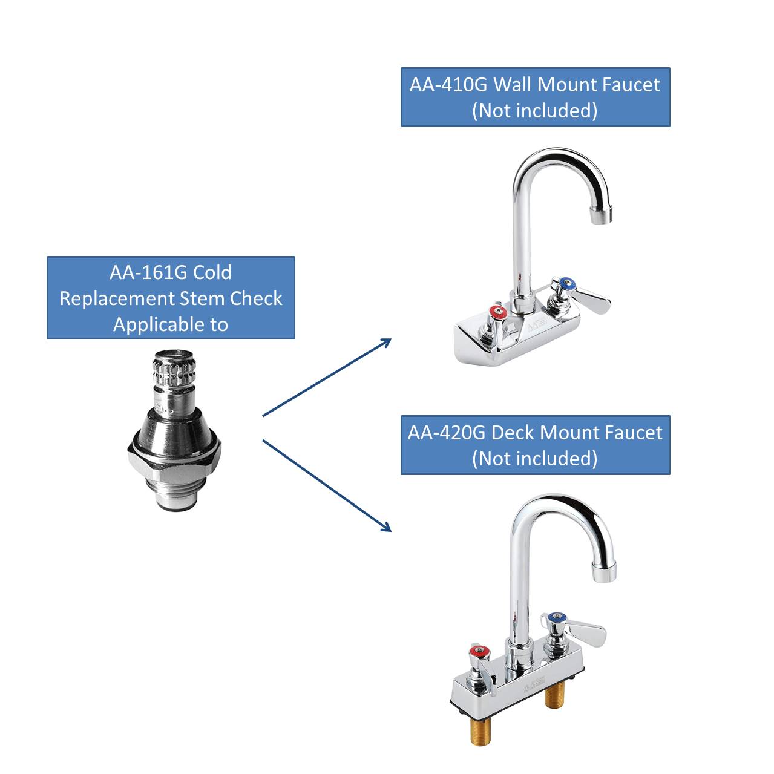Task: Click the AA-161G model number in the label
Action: tap(148, 273)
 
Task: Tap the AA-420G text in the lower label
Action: tap(447, 433)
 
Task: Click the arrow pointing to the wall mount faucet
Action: tap(327, 377)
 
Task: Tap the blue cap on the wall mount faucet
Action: tap(566, 283)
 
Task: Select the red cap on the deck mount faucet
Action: tap(479, 651)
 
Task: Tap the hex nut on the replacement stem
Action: tap(174, 457)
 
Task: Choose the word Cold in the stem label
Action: tap(212, 273)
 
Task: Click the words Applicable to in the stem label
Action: tap(171, 324)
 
